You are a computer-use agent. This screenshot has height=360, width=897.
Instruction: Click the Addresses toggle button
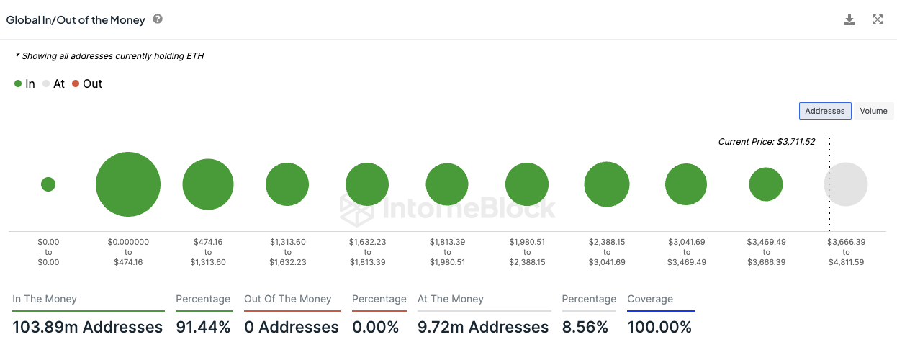click(x=825, y=111)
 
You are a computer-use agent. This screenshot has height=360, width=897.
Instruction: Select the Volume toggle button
click(x=873, y=111)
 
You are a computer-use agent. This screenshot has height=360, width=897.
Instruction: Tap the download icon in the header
click(x=849, y=19)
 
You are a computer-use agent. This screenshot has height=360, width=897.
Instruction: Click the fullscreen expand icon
click(x=878, y=19)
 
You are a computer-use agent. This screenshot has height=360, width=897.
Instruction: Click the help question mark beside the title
click(x=158, y=19)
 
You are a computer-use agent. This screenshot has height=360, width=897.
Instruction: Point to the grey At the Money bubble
click(x=846, y=184)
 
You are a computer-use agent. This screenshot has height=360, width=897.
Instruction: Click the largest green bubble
click(x=127, y=184)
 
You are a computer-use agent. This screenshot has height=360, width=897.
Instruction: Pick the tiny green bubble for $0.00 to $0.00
click(x=48, y=184)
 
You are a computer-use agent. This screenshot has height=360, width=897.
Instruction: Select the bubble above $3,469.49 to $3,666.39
click(x=766, y=184)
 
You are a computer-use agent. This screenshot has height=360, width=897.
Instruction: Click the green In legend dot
click(x=18, y=84)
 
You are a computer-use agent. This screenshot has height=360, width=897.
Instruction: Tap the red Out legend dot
click(x=76, y=84)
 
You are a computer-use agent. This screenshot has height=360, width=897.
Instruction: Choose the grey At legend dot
click(x=46, y=84)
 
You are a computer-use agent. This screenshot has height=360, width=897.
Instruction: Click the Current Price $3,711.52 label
click(x=767, y=142)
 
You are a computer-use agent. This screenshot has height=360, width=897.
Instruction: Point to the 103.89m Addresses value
click(x=88, y=328)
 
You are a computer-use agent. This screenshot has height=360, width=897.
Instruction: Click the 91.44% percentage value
click(x=203, y=328)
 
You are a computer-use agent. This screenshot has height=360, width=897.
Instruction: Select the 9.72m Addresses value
click(x=483, y=328)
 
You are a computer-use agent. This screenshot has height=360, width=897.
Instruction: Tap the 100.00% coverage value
click(x=659, y=328)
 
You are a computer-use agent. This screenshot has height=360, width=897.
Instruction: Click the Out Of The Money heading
click(x=288, y=299)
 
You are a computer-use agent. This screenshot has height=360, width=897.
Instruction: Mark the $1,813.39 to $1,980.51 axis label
click(x=447, y=252)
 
